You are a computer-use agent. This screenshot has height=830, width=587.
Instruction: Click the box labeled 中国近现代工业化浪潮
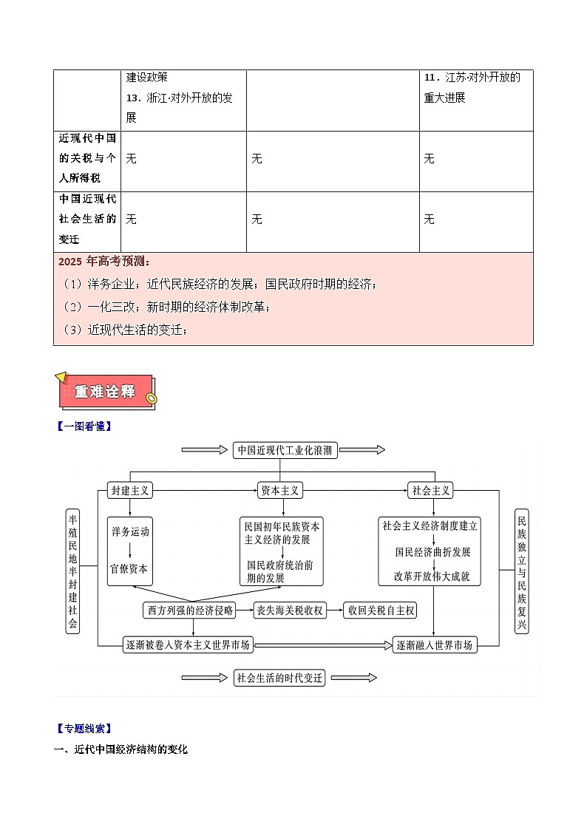click(285, 450)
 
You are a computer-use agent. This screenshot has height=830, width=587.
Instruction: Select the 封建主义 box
click(130, 490)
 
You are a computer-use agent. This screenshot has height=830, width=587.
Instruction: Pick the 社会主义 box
click(430, 490)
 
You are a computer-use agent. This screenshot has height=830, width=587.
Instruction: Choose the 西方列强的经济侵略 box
click(190, 610)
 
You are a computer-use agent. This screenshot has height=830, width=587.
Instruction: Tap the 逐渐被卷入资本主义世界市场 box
click(189, 644)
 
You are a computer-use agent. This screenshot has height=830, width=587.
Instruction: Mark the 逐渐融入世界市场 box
click(434, 644)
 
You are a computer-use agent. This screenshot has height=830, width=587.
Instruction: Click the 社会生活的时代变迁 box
click(280, 677)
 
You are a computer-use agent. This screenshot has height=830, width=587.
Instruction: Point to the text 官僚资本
click(129, 569)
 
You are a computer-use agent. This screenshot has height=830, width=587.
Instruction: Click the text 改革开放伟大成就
click(432, 576)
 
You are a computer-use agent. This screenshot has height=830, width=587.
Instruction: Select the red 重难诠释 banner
click(105, 392)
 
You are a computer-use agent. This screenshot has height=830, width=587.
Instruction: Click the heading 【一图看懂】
click(83, 426)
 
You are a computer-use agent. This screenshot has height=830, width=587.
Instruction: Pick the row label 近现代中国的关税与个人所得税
click(87, 158)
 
